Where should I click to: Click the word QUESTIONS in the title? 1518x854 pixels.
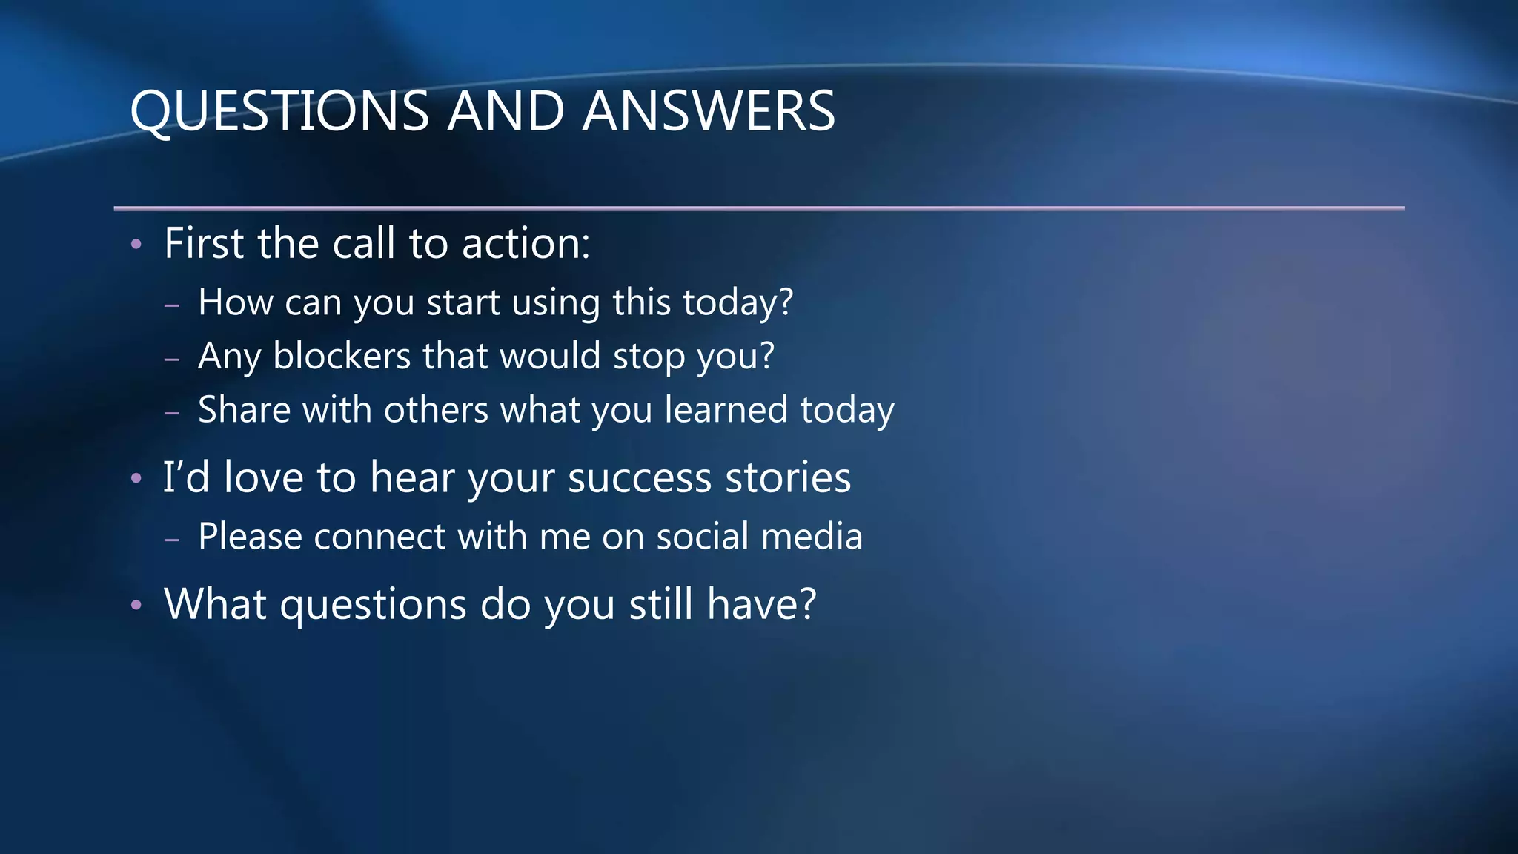click(x=279, y=111)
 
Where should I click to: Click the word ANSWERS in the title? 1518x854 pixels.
click(x=709, y=111)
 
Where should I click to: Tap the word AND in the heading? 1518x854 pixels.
click(x=506, y=111)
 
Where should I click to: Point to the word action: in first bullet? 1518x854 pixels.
click(x=526, y=243)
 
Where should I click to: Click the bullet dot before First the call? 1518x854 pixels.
click(x=136, y=244)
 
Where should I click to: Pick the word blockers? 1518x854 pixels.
click(x=342, y=356)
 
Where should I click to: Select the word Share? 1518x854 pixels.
click(x=244, y=410)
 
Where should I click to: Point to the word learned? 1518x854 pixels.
click(x=726, y=410)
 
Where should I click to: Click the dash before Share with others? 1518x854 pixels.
click(x=172, y=412)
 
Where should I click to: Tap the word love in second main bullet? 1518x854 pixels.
click(x=263, y=477)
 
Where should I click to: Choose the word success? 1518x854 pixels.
click(x=639, y=478)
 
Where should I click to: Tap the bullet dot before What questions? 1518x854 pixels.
click(x=136, y=606)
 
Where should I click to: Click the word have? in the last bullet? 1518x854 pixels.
click(x=761, y=603)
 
